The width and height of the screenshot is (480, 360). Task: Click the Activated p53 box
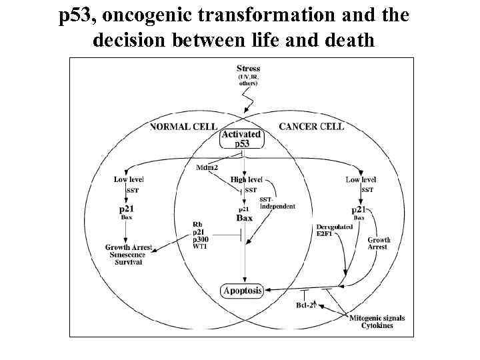(x=241, y=139)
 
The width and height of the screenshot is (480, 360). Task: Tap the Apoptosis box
(x=242, y=290)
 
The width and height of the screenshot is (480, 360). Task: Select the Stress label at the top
(x=249, y=68)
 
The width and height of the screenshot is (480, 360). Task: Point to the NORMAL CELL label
(x=182, y=126)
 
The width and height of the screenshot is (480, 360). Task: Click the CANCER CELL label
(x=311, y=126)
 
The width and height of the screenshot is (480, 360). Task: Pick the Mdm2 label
(x=208, y=167)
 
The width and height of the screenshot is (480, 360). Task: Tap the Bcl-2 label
(x=305, y=305)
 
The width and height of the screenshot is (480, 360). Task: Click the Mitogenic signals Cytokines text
(x=377, y=322)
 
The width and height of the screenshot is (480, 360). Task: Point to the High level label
(x=247, y=179)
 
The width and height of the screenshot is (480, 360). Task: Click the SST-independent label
(x=277, y=203)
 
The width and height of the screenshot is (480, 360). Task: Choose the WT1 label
(x=200, y=247)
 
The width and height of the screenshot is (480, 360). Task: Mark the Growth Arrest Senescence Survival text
(x=129, y=255)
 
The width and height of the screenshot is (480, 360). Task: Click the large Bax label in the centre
(x=245, y=218)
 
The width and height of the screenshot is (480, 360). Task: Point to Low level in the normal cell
(x=129, y=179)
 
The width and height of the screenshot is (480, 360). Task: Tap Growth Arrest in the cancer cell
(x=379, y=243)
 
